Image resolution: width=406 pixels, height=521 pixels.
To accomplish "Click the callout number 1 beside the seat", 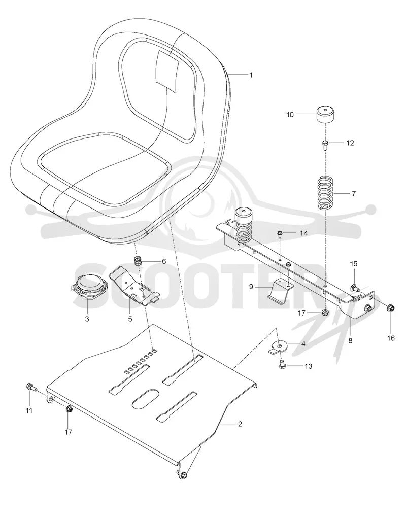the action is coord(251,75).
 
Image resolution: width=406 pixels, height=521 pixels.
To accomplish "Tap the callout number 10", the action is coord(290,115).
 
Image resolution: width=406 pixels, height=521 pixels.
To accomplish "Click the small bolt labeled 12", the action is coord(325,145).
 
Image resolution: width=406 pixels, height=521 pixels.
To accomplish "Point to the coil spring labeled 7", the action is coord(325,193).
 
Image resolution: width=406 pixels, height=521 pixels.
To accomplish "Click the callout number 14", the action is coord(304,233).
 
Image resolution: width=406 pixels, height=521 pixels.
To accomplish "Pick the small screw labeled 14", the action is coord(280,235).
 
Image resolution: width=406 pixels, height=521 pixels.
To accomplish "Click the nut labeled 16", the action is coord(390,308).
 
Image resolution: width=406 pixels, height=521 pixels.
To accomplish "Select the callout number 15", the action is coord(353,264).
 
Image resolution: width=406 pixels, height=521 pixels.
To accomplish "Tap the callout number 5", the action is coord(130,319).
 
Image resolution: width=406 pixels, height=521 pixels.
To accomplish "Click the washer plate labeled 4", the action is coord(278,347).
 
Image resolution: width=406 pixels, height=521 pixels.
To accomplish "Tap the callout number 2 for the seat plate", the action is coord(240,424).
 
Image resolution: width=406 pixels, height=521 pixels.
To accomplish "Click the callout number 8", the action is coord(350,340).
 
